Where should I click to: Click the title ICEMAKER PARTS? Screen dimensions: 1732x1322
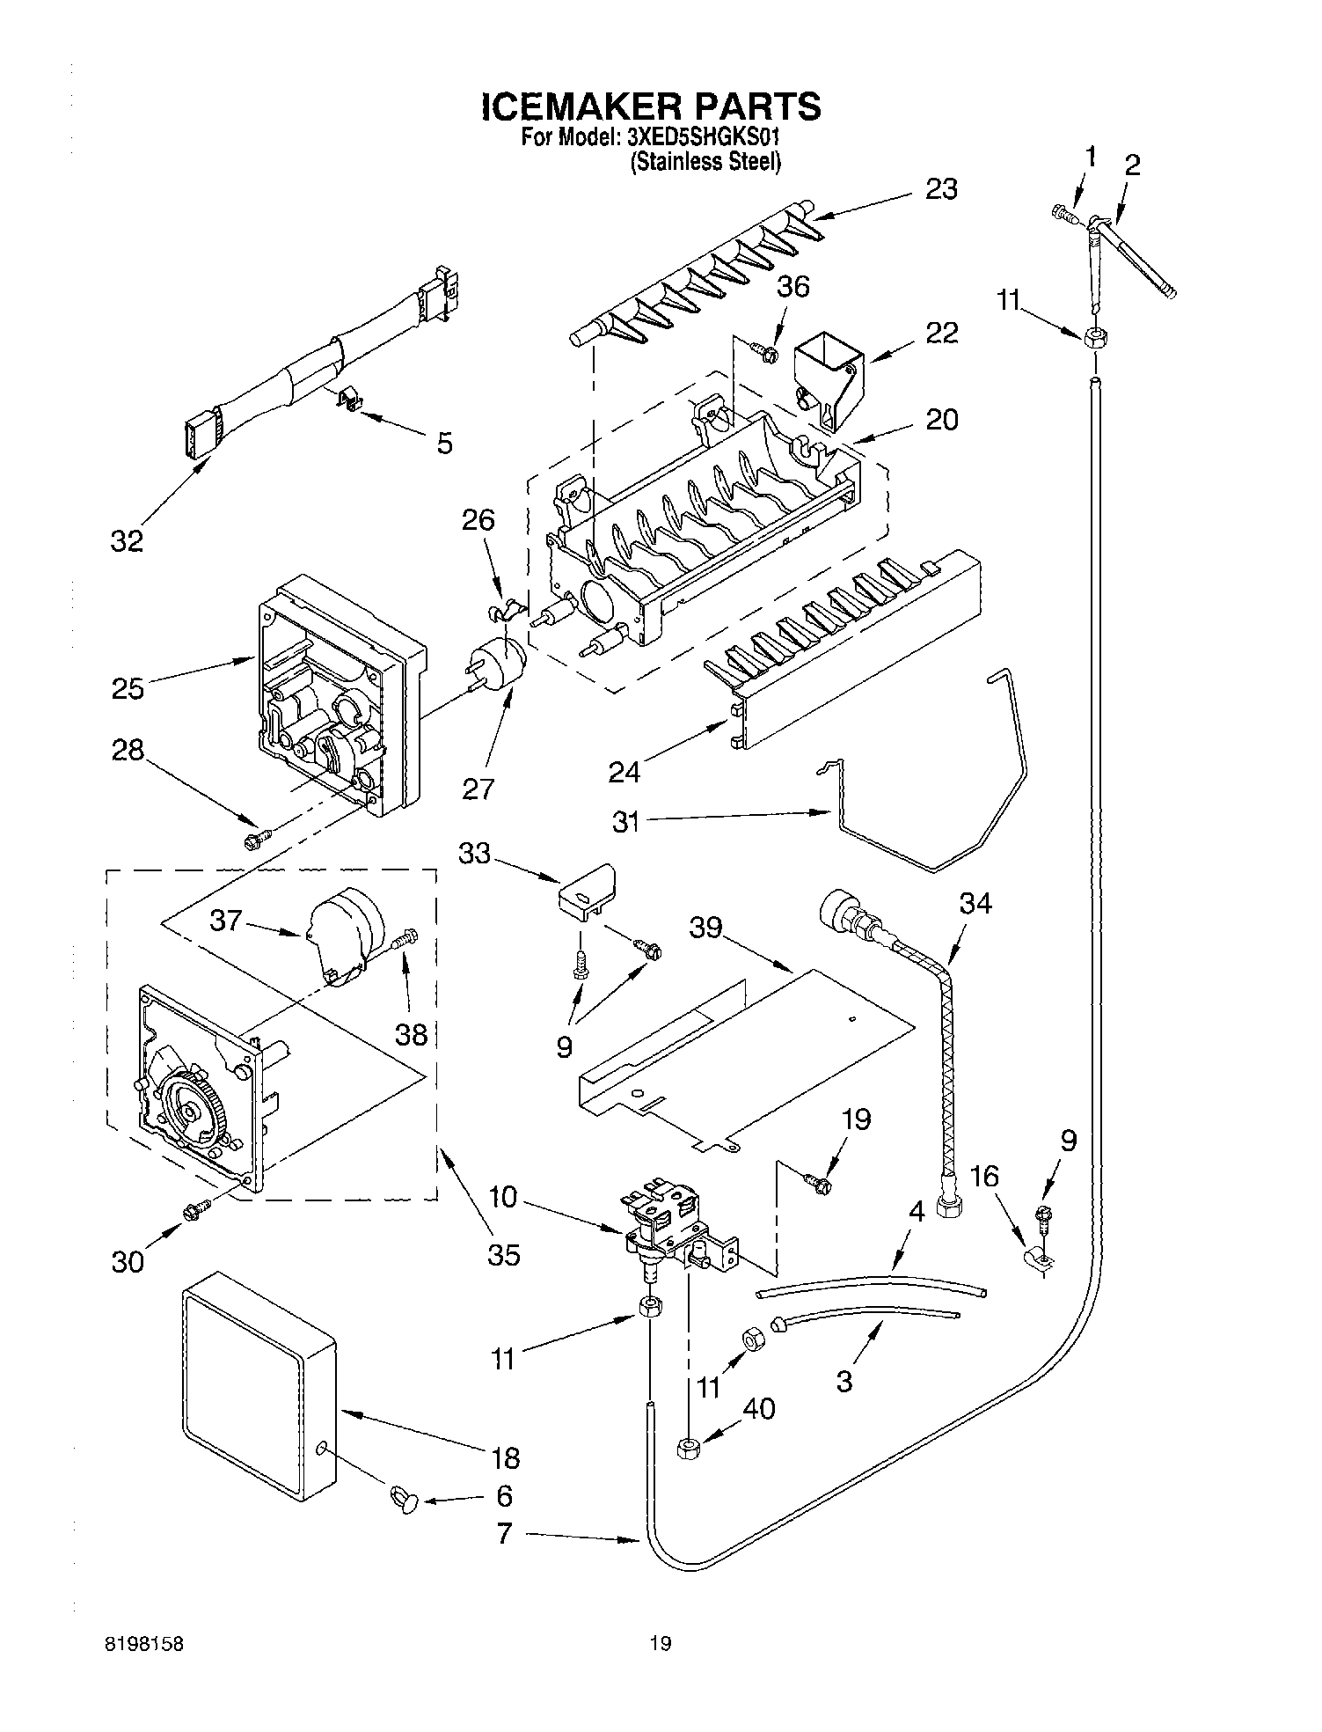pyautogui.click(x=651, y=106)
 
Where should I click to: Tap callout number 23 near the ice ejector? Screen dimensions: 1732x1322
pyautogui.click(x=941, y=189)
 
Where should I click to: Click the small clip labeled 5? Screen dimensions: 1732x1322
pyautogui.click(x=352, y=401)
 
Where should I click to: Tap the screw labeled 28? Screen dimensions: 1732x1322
pyautogui.click(x=255, y=840)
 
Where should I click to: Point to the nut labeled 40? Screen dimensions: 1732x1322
pyautogui.click(x=689, y=1448)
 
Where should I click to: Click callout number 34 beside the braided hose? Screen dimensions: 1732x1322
pyautogui.click(x=975, y=903)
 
